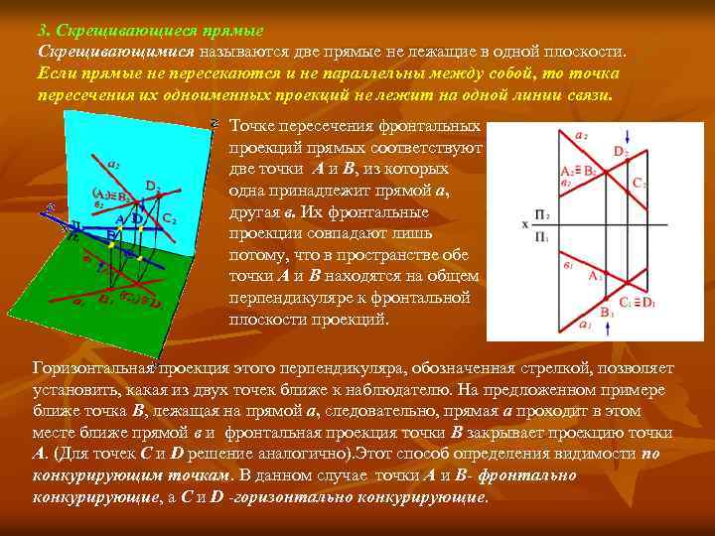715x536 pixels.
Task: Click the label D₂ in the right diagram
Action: (620, 151)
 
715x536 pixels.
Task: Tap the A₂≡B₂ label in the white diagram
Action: (579, 171)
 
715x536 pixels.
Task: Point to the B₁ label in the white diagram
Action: (606, 314)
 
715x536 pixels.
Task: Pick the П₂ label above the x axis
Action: (543, 213)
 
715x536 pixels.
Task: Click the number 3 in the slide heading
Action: (41, 30)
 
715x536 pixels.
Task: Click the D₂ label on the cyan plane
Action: (153, 186)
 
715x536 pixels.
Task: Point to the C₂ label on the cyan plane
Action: (170, 218)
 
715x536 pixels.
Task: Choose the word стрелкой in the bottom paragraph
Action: (551, 368)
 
